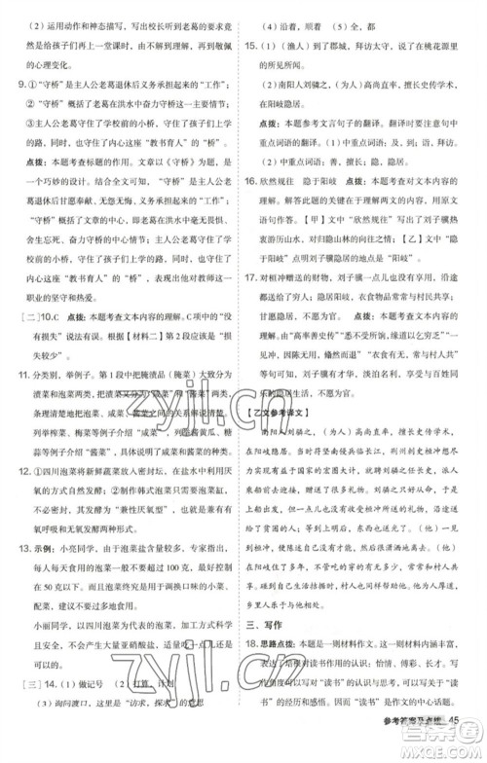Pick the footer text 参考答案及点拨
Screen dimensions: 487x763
(410, 747)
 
